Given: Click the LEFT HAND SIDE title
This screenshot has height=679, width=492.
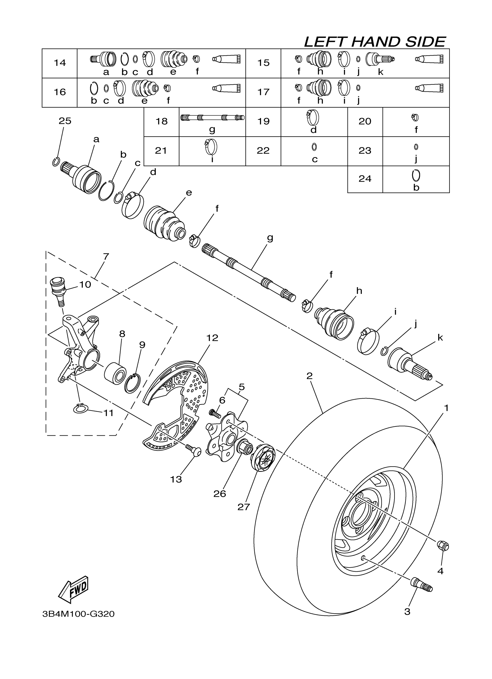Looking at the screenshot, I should [x=375, y=42].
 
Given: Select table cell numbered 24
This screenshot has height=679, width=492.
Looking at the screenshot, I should [x=365, y=179].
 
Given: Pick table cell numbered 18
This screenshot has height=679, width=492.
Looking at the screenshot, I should [x=161, y=121].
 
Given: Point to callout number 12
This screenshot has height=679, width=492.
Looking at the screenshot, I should [x=212, y=338].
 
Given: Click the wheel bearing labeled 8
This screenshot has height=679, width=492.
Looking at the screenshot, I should [x=115, y=373].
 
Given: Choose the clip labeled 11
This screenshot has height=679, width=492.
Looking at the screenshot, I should [x=80, y=409].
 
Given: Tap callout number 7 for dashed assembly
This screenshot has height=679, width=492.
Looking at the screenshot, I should [x=106, y=257].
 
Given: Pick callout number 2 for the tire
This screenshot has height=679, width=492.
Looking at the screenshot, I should [x=309, y=376].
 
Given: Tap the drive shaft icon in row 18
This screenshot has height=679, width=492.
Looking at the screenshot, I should [x=212, y=118].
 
